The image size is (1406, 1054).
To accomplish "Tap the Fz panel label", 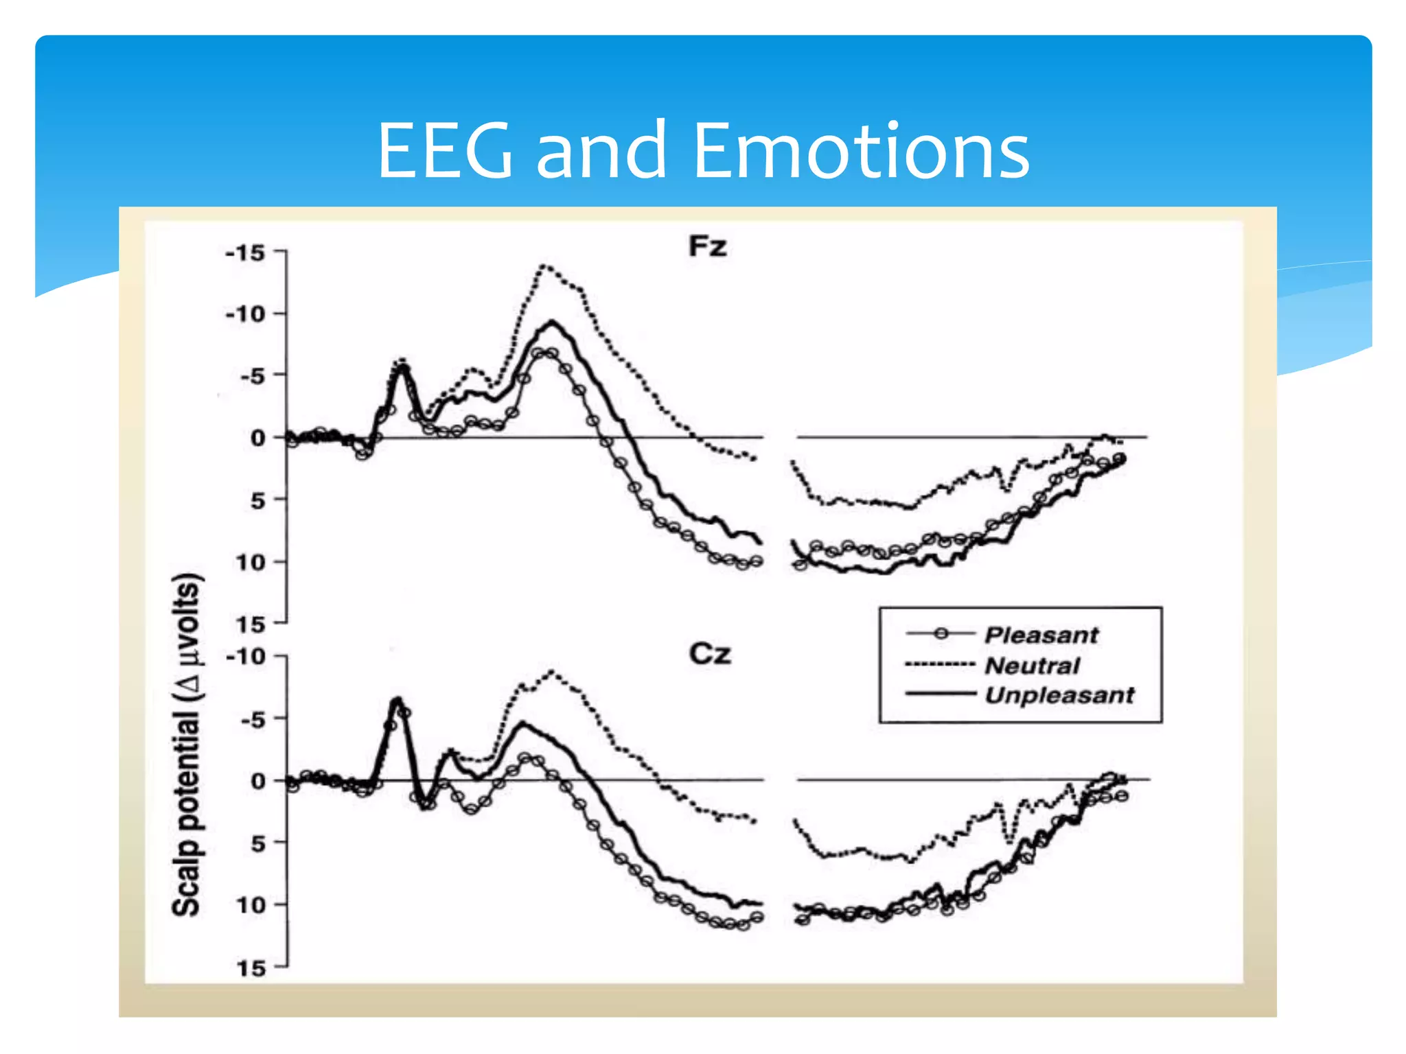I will coord(707,246).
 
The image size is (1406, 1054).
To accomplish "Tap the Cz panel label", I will coord(709,653).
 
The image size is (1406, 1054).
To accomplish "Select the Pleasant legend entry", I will coord(1041,635).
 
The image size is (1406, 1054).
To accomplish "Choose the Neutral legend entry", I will coord(1032,665).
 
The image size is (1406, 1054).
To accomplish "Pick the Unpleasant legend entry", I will coord(1059,695).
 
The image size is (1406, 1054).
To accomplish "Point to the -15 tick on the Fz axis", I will coord(246,253).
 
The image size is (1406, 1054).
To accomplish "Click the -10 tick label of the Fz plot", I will coord(246,315).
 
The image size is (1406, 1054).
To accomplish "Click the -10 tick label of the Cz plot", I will coord(246,657).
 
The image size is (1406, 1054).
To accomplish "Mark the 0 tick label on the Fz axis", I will coord(258,438).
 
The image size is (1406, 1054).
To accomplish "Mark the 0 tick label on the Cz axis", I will coord(258,781).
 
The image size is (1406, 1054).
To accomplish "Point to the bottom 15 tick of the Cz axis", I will coord(251,968).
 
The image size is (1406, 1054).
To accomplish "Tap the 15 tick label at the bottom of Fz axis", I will coord(251,624).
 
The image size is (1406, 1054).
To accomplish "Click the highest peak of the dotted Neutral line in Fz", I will coord(544,265).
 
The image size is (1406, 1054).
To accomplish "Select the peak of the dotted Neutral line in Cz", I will coord(551,672).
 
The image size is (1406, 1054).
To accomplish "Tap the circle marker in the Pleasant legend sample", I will coord(941,634).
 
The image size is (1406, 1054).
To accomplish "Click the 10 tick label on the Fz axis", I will coord(251,563).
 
